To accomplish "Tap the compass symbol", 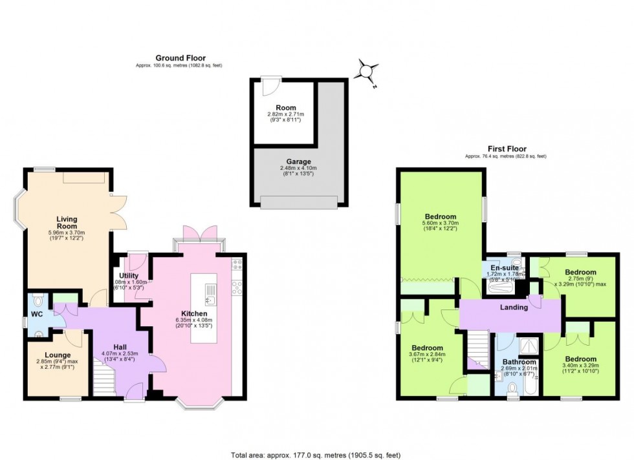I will click(367, 70).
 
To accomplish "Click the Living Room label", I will click(67, 223).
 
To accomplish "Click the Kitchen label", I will click(194, 313).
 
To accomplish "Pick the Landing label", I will click(515, 308).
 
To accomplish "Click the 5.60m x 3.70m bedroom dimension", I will click(441, 225).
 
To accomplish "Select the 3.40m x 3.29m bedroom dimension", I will click(579, 367).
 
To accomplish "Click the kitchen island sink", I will click(210, 300).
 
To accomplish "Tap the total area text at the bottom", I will click(316, 454).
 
